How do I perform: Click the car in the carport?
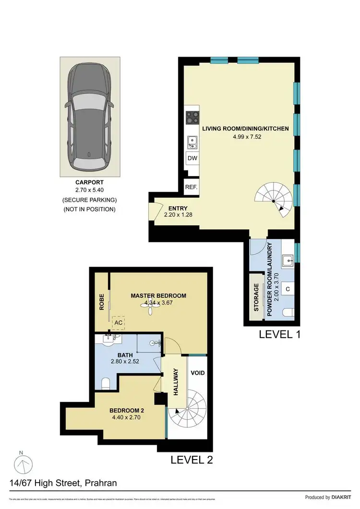[90, 118]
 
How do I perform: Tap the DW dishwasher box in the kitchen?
[192, 158]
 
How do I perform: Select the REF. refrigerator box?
[191, 187]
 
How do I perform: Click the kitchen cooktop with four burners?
[192, 118]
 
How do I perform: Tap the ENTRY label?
[174, 208]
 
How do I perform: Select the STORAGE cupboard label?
[256, 297]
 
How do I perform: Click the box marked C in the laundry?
[288, 289]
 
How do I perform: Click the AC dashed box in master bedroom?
[118, 324]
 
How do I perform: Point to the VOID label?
[198, 372]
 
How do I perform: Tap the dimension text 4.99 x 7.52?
[245, 137]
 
